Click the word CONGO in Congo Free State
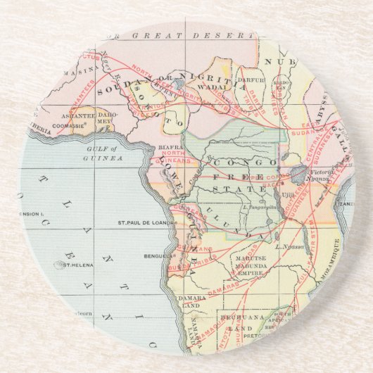[x=236, y=163]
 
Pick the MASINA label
[x=78, y=71]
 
